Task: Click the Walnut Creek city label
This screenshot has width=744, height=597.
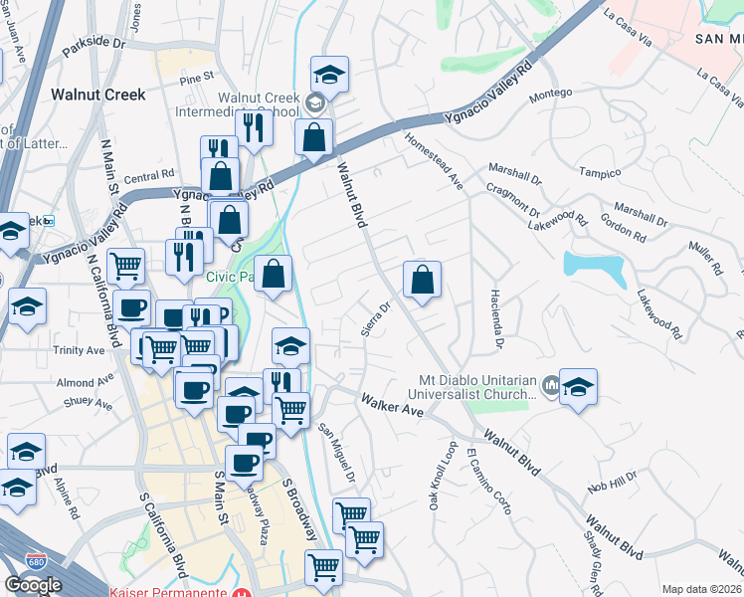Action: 97,95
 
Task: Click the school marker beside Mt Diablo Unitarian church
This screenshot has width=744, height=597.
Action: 578,386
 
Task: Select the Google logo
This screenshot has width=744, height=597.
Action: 33,585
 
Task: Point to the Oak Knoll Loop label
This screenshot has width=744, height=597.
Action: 443,476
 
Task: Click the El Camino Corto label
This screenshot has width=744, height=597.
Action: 488,481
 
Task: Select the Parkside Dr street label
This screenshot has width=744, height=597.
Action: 94,44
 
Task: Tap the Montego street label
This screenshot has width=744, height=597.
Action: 550,94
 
